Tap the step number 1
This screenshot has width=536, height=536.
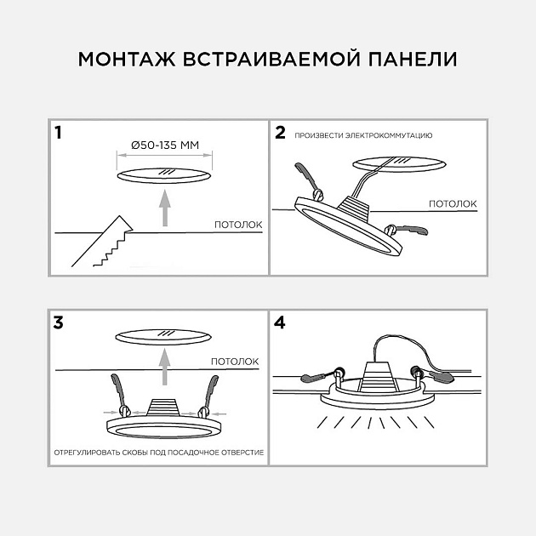58,133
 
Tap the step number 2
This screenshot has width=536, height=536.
280,133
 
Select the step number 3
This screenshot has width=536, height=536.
58,322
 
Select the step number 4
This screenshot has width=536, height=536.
281,322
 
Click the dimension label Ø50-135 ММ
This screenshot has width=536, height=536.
164,145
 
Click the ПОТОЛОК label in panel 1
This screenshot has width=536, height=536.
236,225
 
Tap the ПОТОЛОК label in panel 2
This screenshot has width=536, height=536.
452,203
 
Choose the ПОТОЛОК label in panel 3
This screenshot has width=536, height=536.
235,362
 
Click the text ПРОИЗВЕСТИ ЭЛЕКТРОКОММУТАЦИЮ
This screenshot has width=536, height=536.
364,135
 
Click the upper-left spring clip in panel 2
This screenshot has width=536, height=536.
309,179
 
